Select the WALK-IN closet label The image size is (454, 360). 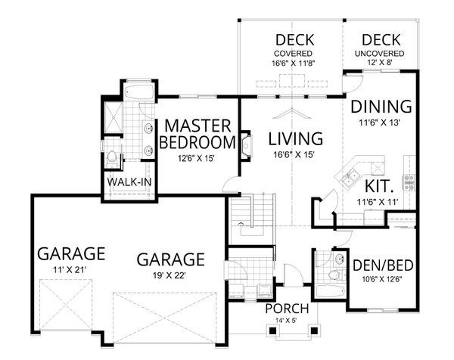[128, 184]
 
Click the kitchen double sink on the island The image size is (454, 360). [350, 179]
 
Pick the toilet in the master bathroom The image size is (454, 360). [112, 158]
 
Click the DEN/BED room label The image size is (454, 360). [381, 265]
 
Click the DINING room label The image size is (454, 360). [381, 106]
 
